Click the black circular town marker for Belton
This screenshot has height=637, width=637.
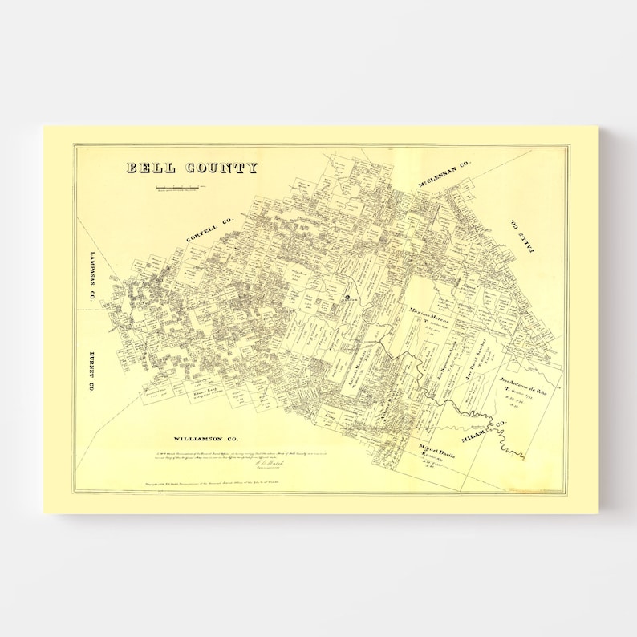[x=347, y=298]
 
